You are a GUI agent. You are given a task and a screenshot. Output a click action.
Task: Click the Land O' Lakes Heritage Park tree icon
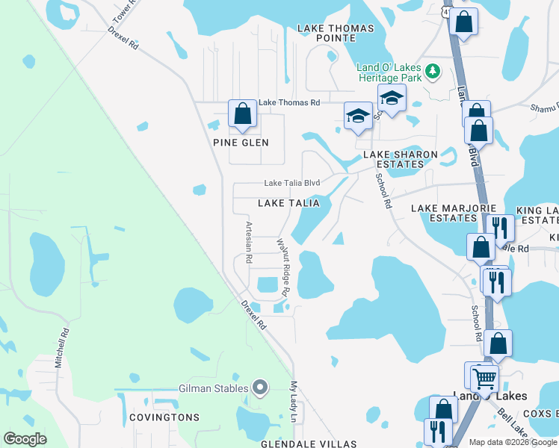point(432,72)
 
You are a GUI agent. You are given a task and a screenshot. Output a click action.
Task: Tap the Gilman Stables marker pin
point(260,387)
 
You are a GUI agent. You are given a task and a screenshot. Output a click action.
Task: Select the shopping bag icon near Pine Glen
point(242,114)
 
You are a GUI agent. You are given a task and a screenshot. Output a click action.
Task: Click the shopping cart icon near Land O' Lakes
point(484,378)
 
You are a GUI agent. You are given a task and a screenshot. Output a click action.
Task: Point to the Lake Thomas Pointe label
point(336,33)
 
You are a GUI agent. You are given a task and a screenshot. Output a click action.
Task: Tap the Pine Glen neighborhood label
point(241,143)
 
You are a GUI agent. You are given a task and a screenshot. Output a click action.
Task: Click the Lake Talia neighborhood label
point(288,203)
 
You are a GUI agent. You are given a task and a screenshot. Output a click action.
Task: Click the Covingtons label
point(163,417)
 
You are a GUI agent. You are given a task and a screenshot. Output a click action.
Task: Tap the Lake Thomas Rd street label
point(289,103)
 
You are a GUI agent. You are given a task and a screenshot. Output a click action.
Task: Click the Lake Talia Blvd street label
point(292,183)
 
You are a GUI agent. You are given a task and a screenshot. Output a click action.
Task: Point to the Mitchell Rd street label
point(62,351)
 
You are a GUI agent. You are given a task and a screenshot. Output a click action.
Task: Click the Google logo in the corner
point(25,439)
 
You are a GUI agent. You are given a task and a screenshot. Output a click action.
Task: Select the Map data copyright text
point(512,442)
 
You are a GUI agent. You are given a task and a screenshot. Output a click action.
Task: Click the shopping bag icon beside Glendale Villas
point(444,410)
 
